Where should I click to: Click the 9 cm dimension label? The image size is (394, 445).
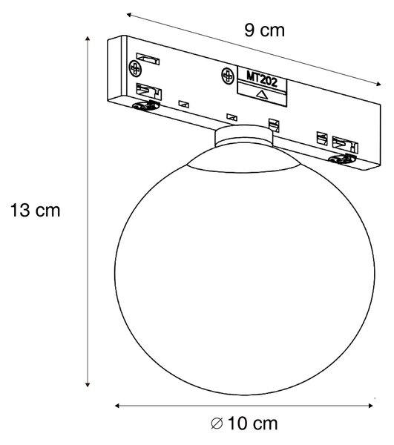click(264, 30)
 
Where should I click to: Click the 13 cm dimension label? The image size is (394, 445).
click(35, 211)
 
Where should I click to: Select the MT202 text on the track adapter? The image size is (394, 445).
click(262, 79)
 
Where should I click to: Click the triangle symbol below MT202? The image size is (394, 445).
click(261, 94)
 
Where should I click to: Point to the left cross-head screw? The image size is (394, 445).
click(135, 68)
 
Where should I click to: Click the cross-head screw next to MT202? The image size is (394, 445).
click(228, 76)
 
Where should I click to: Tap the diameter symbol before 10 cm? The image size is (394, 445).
click(217, 424)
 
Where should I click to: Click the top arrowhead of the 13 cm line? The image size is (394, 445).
click(88, 39)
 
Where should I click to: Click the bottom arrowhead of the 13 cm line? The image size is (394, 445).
click(88, 384)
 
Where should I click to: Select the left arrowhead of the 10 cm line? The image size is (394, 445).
click(117, 406)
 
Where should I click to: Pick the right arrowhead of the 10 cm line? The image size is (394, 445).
click(370, 406)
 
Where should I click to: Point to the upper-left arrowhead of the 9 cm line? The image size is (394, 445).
click(129, 15)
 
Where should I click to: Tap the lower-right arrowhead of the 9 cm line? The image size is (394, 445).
click(378, 83)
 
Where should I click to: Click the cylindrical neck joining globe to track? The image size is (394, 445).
click(244, 136)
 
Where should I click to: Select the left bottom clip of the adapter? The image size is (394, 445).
click(145, 105)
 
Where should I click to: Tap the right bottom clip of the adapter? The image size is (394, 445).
click(342, 159)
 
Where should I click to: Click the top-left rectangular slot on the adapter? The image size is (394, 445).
click(148, 59)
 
